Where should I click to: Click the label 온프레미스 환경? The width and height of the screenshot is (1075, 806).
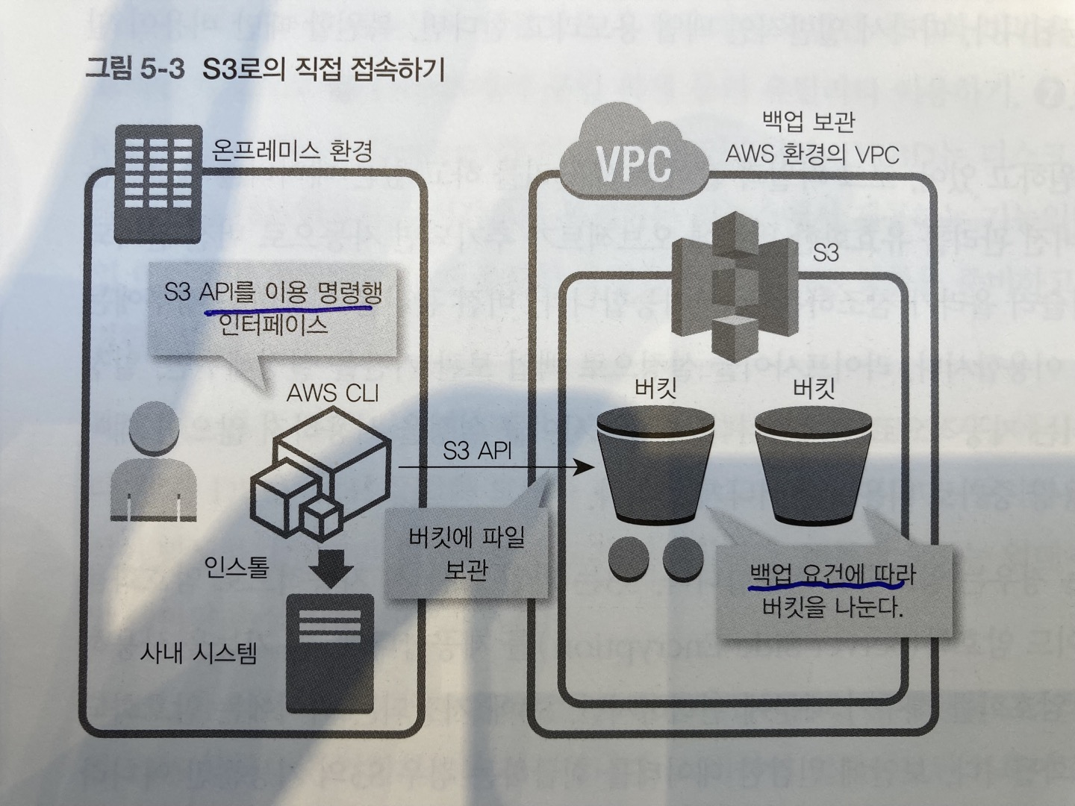[x=292, y=151]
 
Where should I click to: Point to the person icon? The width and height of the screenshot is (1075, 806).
[x=155, y=463]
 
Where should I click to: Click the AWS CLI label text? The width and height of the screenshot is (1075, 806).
[x=333, y=393]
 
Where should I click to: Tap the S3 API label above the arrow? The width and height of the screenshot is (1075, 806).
[x=478, y=451]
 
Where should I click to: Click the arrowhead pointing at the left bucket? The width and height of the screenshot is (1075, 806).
[x=585, y=469]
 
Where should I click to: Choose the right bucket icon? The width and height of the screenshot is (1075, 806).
[x=812, y=466]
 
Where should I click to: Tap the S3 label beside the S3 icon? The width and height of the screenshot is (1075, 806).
[x=826, y=253]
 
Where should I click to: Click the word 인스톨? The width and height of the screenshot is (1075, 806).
[x=237, y=569]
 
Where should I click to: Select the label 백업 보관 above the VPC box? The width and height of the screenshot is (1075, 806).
[x=808, y=121]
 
